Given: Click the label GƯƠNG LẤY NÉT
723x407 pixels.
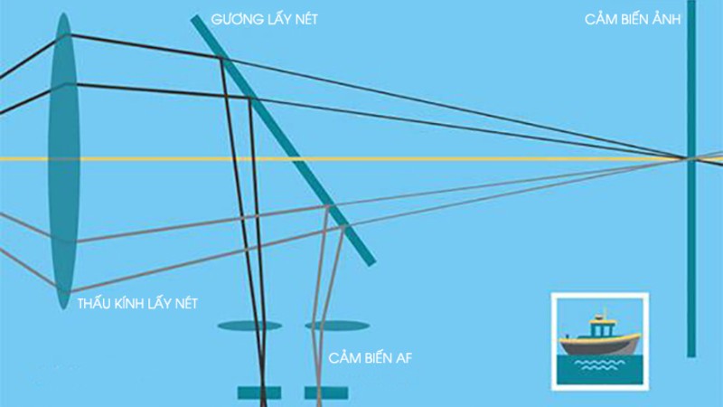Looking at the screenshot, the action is (264, 19).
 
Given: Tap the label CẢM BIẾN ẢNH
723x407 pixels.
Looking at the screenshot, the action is (633, 19).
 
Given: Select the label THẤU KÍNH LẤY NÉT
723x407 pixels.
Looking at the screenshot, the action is (137, 303).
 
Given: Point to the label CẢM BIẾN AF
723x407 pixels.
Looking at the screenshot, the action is (370, 357).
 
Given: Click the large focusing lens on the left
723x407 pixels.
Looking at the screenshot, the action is (64, 161).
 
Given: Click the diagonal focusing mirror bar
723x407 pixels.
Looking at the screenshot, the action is (283, 140).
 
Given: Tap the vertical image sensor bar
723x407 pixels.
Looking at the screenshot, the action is (691, 178).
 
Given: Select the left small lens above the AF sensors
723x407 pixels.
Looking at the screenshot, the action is (249, 326).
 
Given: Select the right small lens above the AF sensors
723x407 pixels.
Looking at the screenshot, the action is (337, 326).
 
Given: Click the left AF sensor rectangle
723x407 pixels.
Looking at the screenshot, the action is (259, 393).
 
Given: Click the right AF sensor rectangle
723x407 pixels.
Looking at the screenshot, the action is (326, 393).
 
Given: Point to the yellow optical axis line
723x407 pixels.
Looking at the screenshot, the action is (361, 159).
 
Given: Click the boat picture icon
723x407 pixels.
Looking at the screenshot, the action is (600, 342).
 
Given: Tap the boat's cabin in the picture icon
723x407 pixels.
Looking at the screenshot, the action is (602, 327).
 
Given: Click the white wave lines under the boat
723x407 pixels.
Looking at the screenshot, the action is (599, 365).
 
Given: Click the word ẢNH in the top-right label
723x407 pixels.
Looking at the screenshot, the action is (664, 19).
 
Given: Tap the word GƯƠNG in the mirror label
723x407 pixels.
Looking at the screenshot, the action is (231, 19).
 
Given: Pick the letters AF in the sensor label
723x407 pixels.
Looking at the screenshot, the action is (403, 358).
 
